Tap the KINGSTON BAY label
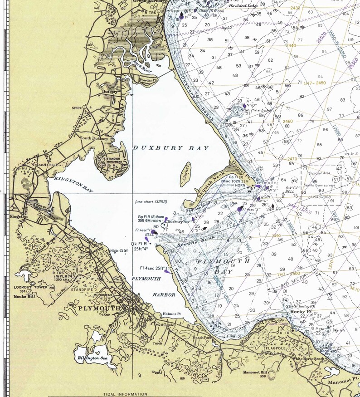pyautogui.click(x=73, y=185)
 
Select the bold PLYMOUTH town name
pyautogui.click(x=99, y=308)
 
